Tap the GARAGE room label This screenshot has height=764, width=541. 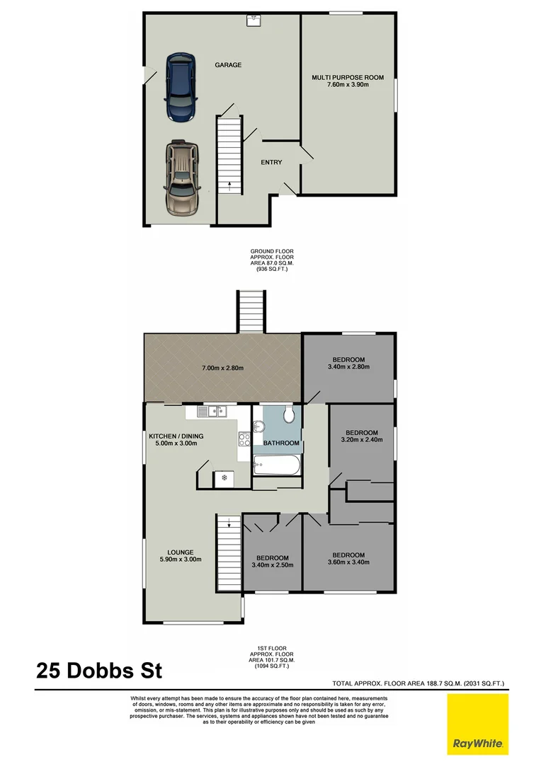pos(228,65)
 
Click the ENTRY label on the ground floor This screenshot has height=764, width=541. pos(271,163)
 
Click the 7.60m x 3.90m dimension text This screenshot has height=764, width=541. pos(347,85)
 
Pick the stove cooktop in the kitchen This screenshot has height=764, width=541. pos(244,439)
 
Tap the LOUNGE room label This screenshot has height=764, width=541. pos(181,552)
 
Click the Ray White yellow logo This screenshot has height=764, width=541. pos(477,723)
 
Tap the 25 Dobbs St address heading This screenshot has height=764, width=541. pos(103,671)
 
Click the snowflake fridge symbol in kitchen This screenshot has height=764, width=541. pos(224,479)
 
